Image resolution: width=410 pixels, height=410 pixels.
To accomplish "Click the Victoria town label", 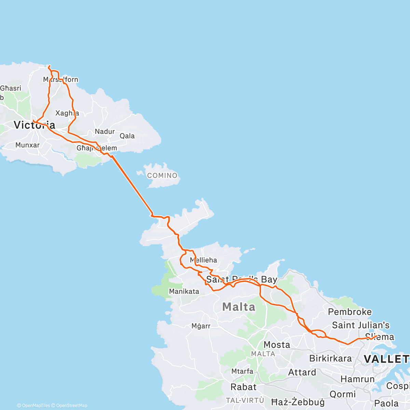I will click(x=34, y=125).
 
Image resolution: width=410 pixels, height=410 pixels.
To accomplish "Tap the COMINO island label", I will click(x=162, y=176).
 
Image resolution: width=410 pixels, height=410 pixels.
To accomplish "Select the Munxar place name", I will click(x=27, y=145).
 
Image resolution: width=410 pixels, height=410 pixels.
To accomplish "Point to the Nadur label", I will click(x=105, y=132).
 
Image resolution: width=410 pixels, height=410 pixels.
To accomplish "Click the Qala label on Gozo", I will click(x=127, y=136).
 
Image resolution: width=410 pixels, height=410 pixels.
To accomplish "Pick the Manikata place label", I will click(x=184, y=291).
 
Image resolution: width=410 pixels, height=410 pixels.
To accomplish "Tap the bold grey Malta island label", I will click(x=239, y=307).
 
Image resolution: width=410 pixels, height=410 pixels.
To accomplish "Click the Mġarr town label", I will click(x=201, y=326).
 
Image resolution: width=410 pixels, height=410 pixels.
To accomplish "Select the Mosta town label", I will click(x=277, y=344).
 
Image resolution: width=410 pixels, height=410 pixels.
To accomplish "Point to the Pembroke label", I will click(x=350, y=312).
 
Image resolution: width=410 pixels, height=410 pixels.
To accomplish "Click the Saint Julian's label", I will click(x=361, y=325).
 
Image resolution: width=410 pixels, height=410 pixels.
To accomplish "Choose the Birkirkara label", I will click(x=330, y=358).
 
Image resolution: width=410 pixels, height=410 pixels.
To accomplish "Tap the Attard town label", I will click(x=302, y=372).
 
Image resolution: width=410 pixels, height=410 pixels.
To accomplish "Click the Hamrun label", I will click(x=358, y=379).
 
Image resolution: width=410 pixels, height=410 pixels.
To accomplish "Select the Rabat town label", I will click(x=243, y=387).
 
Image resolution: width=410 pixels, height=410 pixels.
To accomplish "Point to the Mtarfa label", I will click(x=242, y=371).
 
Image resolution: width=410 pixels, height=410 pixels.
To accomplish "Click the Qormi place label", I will click(x=343, y=394).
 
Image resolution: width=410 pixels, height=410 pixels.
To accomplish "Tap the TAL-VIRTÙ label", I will click(x=245, y=400).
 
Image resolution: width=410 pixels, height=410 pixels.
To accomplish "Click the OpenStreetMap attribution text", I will click(x=71, y=406).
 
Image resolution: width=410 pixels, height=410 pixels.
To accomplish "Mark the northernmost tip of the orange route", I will click(x=50, y=66).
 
